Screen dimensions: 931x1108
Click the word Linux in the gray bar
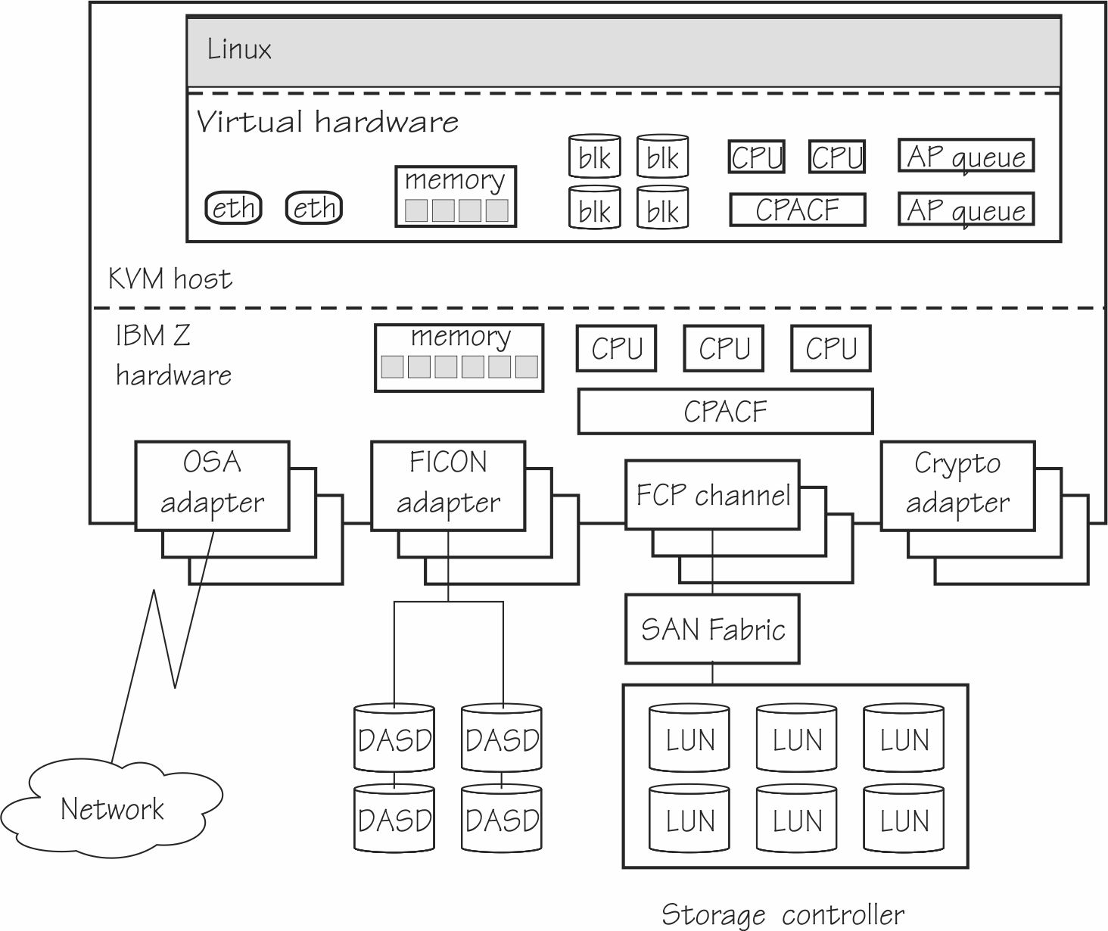tap(239, 50)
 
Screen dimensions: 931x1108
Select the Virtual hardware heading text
tap(327, 122)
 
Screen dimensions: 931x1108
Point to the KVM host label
tap(170, 279)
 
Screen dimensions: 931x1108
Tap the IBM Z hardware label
tap(173, 355)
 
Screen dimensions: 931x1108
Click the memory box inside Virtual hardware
tap(456, 196)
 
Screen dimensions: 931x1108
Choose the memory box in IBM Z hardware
tap(459, 358)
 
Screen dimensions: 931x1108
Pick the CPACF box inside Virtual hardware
tap(797, 210)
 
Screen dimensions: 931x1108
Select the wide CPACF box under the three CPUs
tap(725, 411)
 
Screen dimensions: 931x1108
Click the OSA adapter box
tap(212, 485)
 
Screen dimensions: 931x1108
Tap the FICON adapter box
tap(448, 485)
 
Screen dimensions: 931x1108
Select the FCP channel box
tap(712, 495)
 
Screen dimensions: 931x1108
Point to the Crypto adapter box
tap(957, 485)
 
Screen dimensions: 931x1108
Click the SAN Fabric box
tap(712, 629)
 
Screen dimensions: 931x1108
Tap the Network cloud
tap(111, 809)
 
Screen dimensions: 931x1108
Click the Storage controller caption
tap(783, 914)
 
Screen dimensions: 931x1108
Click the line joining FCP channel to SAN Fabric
tap(712, 562)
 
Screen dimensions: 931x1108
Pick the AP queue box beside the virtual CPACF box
tap(966, 210)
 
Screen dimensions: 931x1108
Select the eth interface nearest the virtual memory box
tap(314, 207)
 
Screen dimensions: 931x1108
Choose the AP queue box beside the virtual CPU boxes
tap(966, 156)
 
